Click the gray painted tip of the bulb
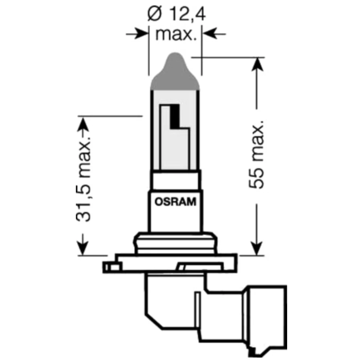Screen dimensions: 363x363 [175, 73]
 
